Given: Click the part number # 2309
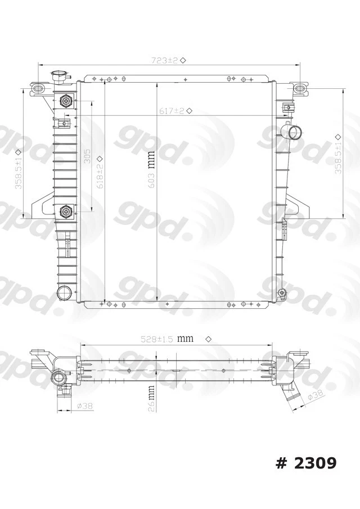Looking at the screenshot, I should click(306, 463).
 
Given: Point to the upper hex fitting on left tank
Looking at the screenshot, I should click(66, 101).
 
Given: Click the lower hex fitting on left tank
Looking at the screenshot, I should click(66, 211).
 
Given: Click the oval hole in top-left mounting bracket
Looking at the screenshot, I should click(38, 88).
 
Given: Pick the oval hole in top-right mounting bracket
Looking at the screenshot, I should click(300, 87).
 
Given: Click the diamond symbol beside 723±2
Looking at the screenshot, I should click(183, 60).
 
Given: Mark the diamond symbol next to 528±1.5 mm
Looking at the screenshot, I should click(208, 339).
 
